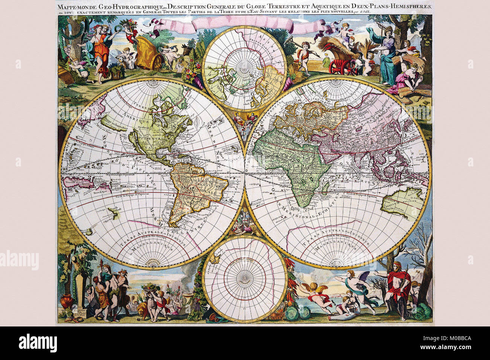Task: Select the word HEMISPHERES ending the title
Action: pyautogui.click(x=411, y=6)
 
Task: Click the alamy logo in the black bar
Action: pyautogui.click(x=38, y=343)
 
